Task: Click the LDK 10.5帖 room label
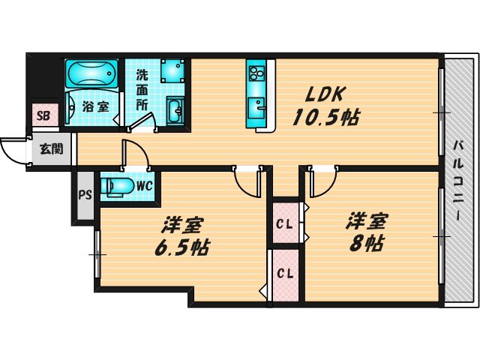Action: pos(324,106)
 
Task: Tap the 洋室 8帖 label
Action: pos(365,232)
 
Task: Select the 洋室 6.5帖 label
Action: pos(182,236)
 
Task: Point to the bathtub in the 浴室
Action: pos(91,74)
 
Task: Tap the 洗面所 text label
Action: pos(142,89)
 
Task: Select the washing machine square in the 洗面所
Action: pos(172,70)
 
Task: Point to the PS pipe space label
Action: pos(85,195)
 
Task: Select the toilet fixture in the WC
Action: pos(118,184)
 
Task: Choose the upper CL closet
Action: pos(284,223)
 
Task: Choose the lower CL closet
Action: pos(284,273)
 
